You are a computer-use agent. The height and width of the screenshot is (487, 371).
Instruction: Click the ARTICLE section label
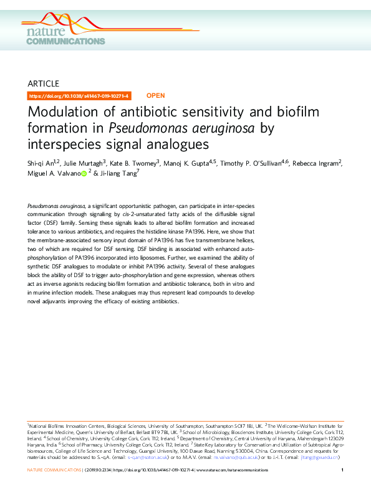[x=44, y=83]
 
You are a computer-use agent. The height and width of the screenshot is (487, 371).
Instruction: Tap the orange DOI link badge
[x=80, y=96]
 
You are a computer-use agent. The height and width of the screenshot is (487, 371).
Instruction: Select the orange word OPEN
[x=155, y=96]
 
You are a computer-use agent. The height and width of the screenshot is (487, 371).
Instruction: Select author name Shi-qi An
[x=42, y=164]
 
